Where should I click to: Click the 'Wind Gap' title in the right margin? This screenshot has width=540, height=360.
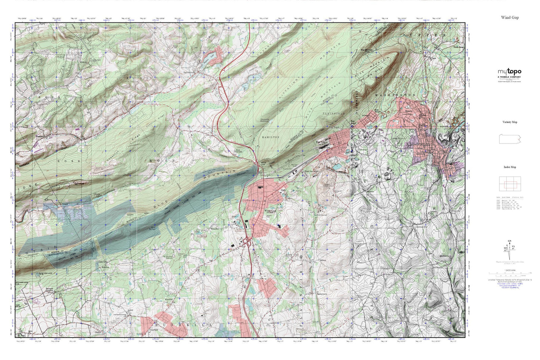510,18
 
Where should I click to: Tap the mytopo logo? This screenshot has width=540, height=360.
509,72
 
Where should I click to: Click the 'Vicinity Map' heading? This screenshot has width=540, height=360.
510,122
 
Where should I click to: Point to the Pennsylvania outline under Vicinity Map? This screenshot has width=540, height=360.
509,139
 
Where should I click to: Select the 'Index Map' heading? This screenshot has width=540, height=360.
510,167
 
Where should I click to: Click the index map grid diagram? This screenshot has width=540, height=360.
509,184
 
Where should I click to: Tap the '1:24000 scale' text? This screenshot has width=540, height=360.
509,270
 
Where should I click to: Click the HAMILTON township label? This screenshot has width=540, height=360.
271,137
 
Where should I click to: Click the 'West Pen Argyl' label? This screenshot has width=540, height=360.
311,171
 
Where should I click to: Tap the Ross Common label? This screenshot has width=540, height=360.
238,151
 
